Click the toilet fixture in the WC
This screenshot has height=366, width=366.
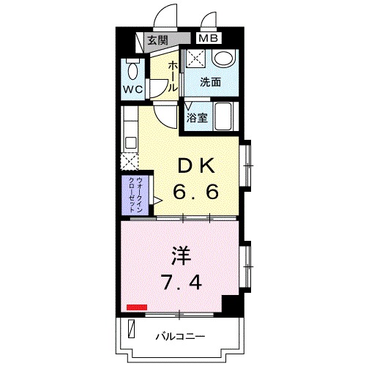point(132,72)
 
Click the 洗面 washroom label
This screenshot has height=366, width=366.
point(211,83)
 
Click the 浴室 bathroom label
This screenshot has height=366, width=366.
point(196,117)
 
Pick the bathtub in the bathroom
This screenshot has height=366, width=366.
point(222,115)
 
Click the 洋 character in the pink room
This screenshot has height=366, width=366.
point(182,256)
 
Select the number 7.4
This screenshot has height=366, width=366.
point(182,282)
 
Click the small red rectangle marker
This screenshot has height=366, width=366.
point(135,308)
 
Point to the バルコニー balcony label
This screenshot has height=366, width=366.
point(180,336)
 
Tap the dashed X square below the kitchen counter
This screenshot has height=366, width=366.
point(130,162)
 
